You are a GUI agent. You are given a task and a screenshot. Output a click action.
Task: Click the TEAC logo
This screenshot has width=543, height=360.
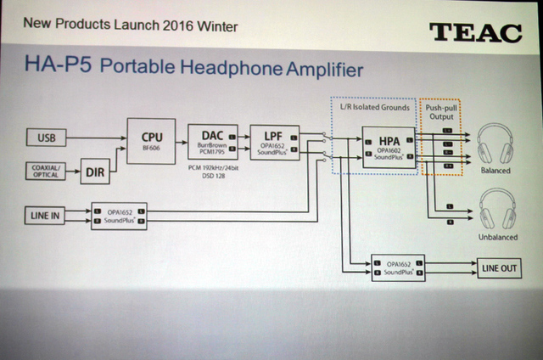(474, 31)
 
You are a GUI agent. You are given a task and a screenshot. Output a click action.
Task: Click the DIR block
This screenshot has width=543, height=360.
(97, 172)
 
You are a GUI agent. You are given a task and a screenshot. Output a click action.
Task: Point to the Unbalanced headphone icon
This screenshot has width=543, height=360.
(496, 210)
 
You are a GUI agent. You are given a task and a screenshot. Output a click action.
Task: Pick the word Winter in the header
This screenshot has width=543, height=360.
(216, 25)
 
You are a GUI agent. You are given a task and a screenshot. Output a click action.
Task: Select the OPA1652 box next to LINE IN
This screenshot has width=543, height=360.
(119, 216)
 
